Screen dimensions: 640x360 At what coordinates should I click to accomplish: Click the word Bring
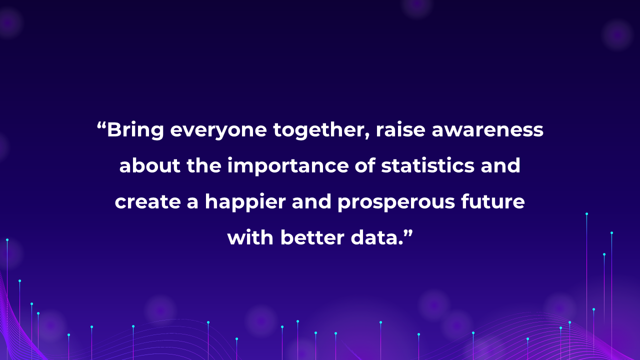point(135,130)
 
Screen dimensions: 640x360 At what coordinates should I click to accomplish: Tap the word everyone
point(218,131)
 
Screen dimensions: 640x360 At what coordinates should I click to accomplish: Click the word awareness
point(487,131)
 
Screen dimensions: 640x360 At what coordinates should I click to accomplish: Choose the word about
point(150,165)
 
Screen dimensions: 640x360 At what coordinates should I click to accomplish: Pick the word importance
point(288,166)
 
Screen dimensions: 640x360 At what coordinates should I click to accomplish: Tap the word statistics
point(427,165)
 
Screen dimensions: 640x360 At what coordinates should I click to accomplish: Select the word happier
point(245,202)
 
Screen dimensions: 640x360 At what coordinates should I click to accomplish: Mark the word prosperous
point(396,203)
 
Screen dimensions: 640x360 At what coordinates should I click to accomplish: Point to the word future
point(493,201)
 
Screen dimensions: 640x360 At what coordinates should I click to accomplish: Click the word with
point(250,237)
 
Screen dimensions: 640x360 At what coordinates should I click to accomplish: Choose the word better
point(312,237)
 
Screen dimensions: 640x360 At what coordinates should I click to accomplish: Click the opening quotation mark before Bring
point(101,125)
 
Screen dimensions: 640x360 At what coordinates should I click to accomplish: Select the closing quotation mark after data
point(408,232)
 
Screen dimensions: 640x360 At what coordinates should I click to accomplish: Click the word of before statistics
point(365,165)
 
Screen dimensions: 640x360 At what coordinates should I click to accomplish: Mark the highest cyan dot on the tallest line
point(586,213)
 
